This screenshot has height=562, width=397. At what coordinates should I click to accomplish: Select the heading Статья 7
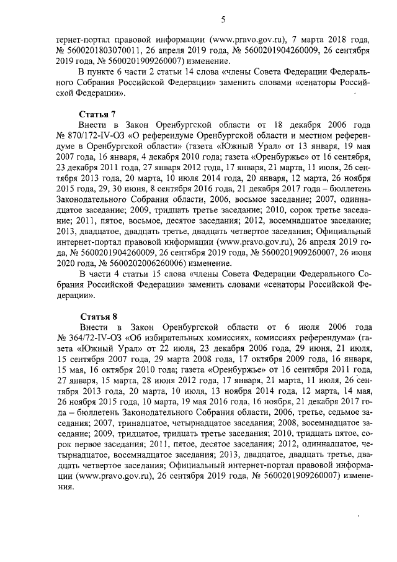[x=98, y=115]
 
